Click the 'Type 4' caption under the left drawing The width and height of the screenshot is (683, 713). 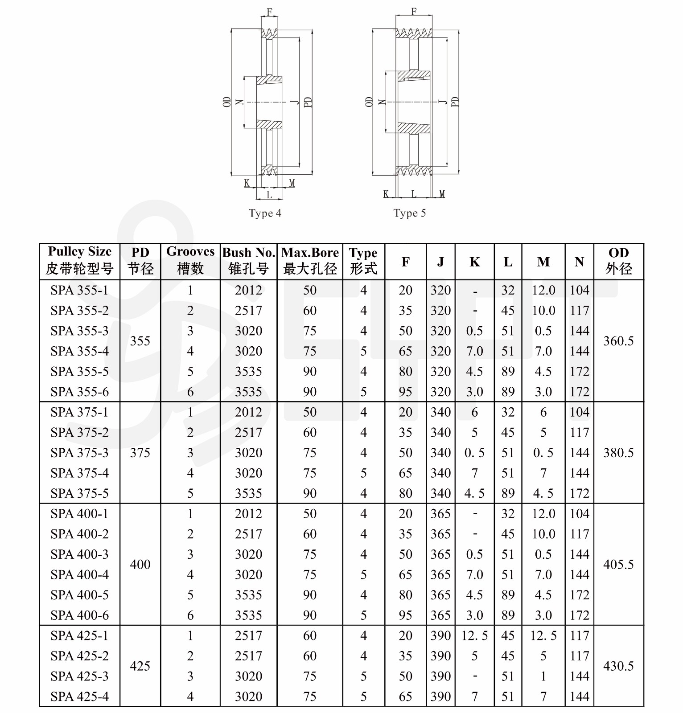coord(265,213)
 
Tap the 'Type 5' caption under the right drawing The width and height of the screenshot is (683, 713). coord(409,213)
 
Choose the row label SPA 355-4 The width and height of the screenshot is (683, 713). coord(79,351)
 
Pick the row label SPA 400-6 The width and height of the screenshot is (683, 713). coord(79,615)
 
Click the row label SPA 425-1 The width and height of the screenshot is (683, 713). coord(79,635)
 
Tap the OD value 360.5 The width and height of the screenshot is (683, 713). coord(618,341)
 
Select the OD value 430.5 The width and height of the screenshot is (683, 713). coord(618,666)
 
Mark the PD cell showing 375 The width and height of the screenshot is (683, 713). coord(140,453)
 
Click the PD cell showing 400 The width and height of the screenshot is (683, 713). coord(140,565)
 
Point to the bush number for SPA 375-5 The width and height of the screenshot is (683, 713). coord(248,493)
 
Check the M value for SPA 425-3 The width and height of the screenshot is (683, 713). coord(543,676)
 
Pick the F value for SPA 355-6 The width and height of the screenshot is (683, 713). coord(405,392)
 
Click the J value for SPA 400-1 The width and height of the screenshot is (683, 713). coord(440,513)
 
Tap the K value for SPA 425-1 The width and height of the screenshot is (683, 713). coord(474,635)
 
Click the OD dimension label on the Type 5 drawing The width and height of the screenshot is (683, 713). coord(369,102)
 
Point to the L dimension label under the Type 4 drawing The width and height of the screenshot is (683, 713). coord(269,195)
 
